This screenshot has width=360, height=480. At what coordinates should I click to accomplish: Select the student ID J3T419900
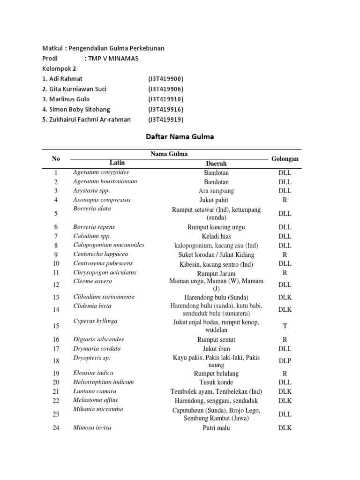(x=165, y=79)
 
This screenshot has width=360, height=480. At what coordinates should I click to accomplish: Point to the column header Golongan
(x=285, y=159)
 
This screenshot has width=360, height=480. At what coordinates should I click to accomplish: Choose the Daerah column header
(x=216, y=164)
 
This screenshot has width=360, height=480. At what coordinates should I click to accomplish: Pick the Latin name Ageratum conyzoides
(x=101, y=172)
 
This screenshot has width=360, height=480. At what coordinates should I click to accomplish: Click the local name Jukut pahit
(x=216, y=200)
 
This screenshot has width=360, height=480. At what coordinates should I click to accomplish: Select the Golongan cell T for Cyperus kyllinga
(x=285, y=326)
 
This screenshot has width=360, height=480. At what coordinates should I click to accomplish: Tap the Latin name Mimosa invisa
(x=92, y=427)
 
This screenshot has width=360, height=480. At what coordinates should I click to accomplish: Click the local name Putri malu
(x=216, y=428)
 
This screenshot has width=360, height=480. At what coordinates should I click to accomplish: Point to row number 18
(x=56, y=361)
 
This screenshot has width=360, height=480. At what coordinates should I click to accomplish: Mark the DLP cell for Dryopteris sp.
(x=285, y=361)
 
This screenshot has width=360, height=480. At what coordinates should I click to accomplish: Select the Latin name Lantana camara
(x=95, y=391)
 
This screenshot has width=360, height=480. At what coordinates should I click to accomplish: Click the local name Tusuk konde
(x=216, y=382)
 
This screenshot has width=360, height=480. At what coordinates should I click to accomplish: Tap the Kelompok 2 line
(x=59, y=68)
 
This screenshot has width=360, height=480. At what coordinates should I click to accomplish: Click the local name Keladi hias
(x=216, y=236)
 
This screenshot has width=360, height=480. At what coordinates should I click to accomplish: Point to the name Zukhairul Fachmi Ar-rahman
(x=86, y=120)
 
